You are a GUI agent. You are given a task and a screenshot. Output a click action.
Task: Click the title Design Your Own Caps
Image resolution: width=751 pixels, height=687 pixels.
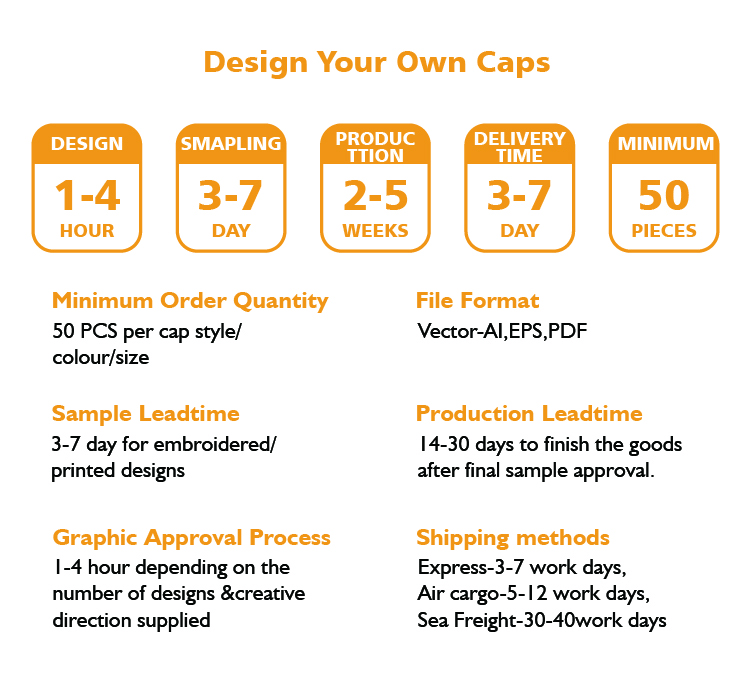coord(377,63)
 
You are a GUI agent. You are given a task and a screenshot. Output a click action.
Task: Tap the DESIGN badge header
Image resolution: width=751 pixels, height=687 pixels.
coord(87,144)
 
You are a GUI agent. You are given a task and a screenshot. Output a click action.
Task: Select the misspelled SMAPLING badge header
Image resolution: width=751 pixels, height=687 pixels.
coord(231,144)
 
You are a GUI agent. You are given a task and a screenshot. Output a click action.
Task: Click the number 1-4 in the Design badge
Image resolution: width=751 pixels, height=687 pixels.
coord(87,195)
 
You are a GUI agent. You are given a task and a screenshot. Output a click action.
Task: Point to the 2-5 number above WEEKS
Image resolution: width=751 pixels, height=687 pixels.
coord(376,195)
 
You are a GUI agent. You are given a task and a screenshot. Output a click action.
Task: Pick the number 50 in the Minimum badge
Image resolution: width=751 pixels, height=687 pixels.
coord(664,195)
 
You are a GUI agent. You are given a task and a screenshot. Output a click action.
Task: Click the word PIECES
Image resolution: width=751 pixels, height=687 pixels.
coord(664,231)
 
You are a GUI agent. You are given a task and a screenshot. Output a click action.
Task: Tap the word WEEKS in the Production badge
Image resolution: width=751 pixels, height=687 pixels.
coord(376,231)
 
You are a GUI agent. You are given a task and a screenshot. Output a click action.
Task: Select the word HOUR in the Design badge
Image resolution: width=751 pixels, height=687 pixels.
coord(87,231)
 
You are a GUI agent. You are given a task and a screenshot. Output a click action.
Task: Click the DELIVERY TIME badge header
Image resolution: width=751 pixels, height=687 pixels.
coord(520,147)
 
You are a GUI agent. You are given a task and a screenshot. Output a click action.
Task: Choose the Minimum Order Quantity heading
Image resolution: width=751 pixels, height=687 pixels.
coord(190,301)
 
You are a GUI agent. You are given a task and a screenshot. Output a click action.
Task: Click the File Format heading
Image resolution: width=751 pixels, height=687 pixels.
coord(478,301)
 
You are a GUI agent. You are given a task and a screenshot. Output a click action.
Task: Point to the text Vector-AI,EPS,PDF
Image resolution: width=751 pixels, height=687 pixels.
coord(502,331)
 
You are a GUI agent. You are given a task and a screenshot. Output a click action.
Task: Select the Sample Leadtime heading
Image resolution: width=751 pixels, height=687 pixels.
coord(146,414)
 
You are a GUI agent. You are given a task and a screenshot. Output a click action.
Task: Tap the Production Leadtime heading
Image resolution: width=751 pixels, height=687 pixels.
coord(529,413)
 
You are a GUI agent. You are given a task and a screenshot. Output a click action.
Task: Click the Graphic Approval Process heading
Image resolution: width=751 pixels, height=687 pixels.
coord(192,538)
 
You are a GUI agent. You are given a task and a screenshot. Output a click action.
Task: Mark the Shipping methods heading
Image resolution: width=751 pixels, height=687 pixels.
coord(513,538)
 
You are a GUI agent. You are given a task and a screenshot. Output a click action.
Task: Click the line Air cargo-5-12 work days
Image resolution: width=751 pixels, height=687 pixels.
coord(534,594)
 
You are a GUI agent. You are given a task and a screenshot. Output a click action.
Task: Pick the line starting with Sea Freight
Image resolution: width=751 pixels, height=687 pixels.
coord(542,620)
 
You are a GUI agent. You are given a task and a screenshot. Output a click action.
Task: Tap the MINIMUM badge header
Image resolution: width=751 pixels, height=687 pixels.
coord(665,144)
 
